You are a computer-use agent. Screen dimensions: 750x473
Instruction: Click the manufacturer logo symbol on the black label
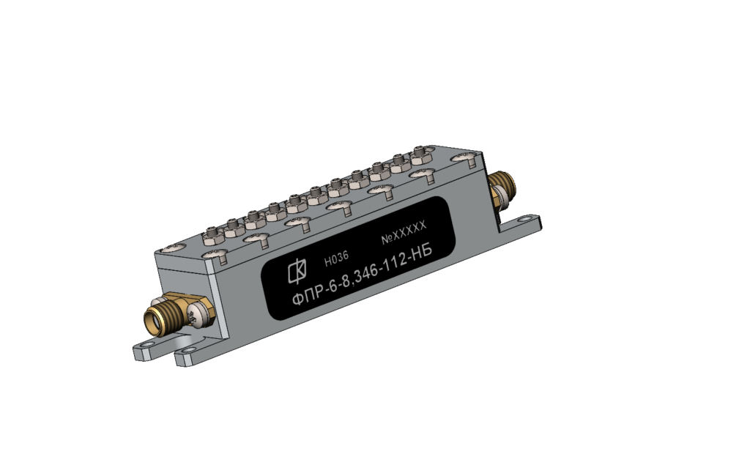297,272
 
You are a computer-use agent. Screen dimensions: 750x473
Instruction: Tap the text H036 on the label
336,258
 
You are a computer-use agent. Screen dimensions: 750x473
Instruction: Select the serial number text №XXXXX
404,233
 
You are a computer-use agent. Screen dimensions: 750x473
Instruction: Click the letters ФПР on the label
308,296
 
